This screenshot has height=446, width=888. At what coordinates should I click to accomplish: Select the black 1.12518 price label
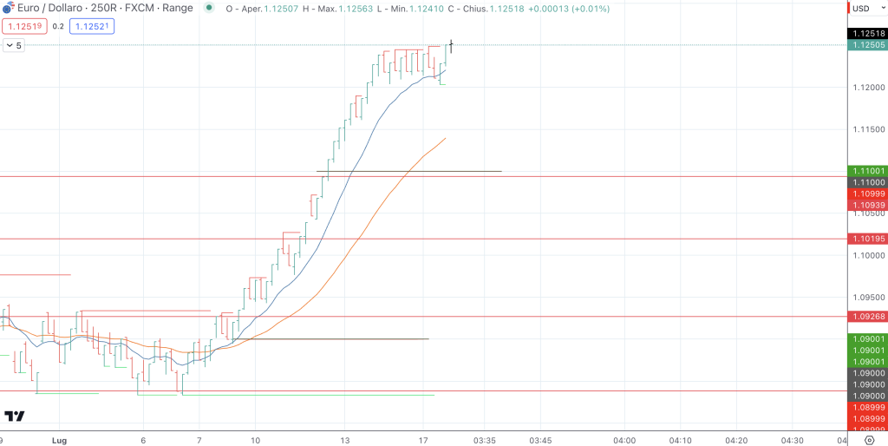pos(868,33)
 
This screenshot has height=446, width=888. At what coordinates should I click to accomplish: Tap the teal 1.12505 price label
pos(868,45)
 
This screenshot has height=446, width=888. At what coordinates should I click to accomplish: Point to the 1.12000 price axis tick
pos(868,88)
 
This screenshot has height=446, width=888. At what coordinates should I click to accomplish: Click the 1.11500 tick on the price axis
pos(868,129)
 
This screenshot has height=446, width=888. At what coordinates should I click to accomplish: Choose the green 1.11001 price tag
pos(868,171)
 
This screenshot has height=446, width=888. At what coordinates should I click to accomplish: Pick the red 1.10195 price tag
pos(868,239)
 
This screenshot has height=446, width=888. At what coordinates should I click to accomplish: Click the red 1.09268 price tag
pos(868,317)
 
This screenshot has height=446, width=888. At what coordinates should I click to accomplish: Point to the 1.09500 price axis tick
pos(868,297)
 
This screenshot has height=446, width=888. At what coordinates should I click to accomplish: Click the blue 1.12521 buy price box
pos(91,26)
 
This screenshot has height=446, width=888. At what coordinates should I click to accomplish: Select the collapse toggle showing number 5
pos(13,45)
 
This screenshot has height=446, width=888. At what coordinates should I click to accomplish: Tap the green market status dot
pos(209,9)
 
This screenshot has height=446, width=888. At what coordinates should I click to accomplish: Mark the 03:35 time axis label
pos(485,440)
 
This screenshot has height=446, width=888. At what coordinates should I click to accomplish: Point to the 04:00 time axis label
pos(624,440)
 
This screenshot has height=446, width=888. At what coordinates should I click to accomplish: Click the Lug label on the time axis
pos(60,440)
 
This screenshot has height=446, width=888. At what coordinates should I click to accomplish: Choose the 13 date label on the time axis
pos(344,440)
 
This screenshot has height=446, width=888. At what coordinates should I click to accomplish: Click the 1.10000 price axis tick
pos(868,255)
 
